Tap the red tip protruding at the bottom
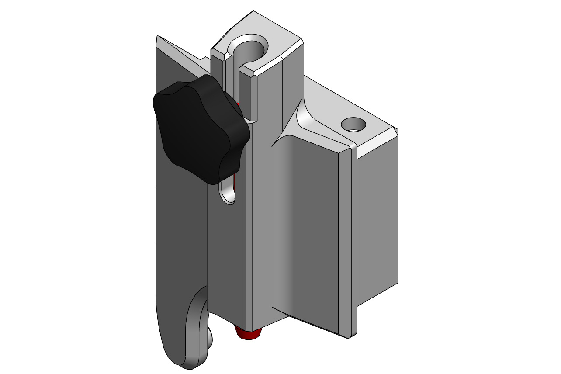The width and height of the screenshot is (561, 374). click(x=248, y=334)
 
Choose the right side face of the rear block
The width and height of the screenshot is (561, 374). click(x=378, y=218)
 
